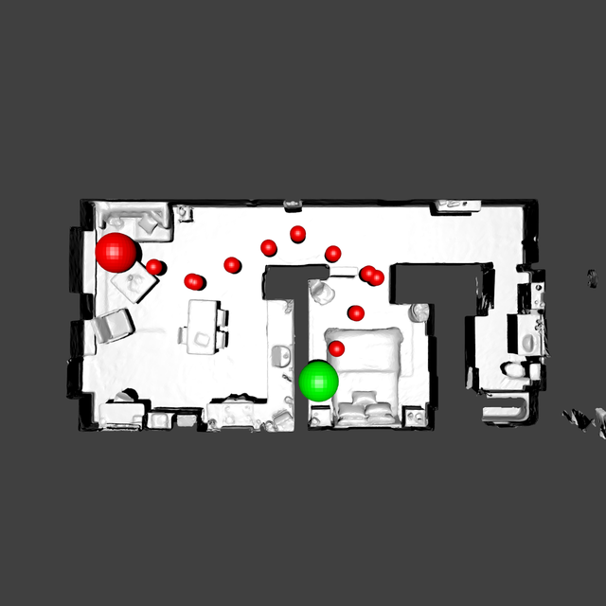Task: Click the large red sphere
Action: pyautogui.click(x=117, y=252)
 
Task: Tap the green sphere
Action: pyautogui.click(x=318, y=380)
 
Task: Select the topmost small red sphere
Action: pyautogui.click(x=298, y=233)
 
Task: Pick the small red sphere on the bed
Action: pyautogui.click(x=336, y=349)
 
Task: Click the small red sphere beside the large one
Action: pyautogui.click(x=154, y=267)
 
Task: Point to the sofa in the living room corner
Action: pyautogui.click(x=133, y=219)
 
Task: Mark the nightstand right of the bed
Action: pyautogui.click(x=414, y=415)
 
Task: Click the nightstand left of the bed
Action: pyautogui.click(x=319, y=414)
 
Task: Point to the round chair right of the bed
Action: pyautogui.click(x=419, y=312)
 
